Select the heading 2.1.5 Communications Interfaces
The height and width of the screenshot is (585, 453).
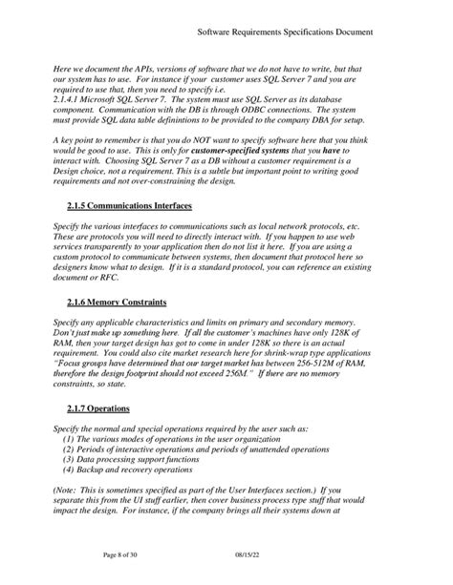[x=130, y=205]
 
